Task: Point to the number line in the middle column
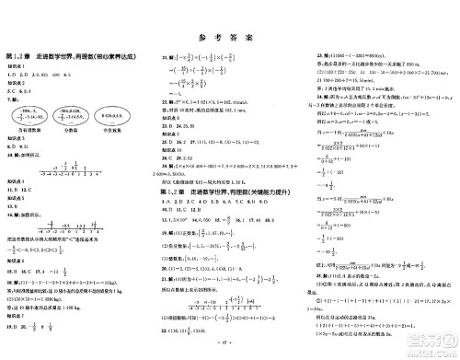pyautogui.click(x=217, y=304)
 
